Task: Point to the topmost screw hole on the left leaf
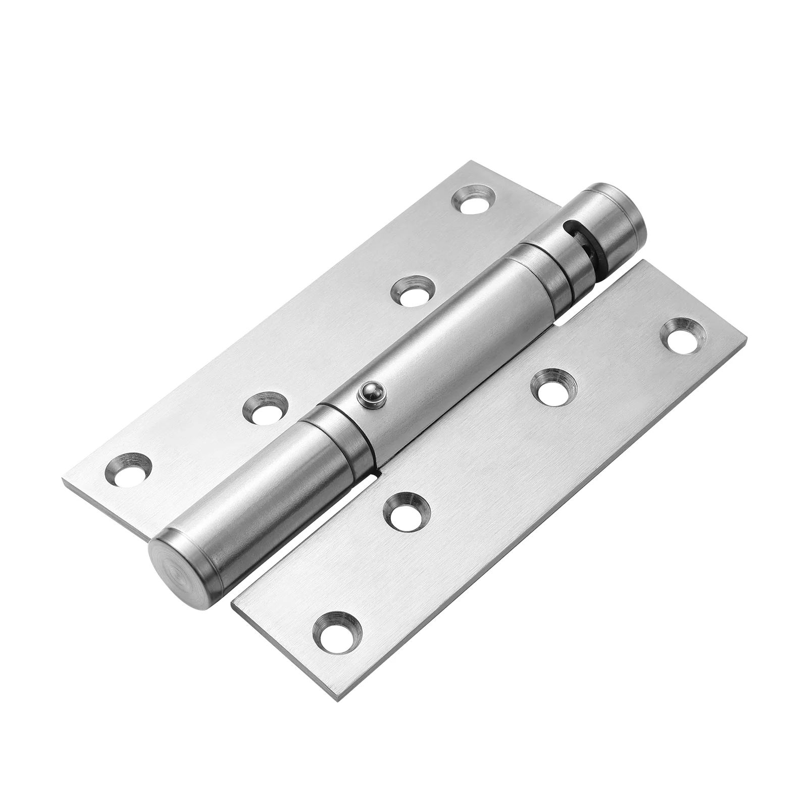473,200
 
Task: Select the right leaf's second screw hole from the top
553,385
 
